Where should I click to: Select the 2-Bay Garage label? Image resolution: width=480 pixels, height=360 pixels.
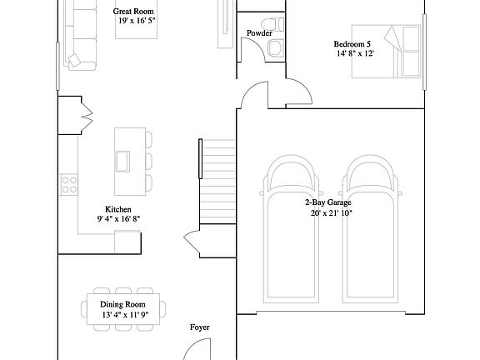pos(327,202)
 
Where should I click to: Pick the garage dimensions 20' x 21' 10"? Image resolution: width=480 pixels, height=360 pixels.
pos(328,213)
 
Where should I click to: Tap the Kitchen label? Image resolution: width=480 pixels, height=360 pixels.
pos(117,209)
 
